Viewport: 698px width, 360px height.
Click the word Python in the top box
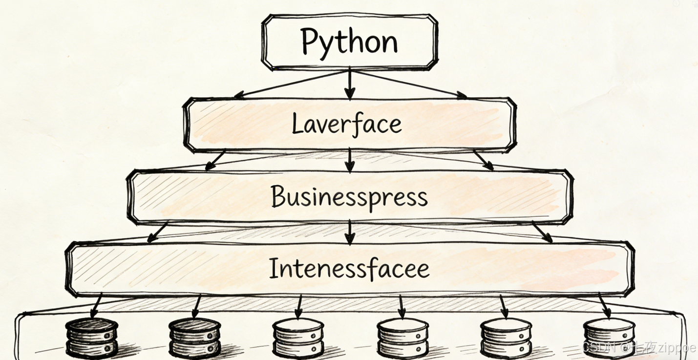tap(349, 42)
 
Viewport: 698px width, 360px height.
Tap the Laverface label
tap(347, 124)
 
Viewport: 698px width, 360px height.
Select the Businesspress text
tap(349, 197)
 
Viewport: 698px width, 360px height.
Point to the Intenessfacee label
tap(349, 269)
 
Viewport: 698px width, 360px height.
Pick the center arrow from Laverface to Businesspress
tap(349, 160)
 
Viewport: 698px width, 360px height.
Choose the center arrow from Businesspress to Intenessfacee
tap(349, 232)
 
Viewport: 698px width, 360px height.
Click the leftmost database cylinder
tap(92, 338)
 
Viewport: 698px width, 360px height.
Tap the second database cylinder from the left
tap(195, 338)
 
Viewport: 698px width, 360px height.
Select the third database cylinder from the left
tap(298, 338)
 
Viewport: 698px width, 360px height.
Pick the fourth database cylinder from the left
tap(402, 338)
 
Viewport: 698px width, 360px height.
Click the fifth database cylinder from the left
tap(506, 338)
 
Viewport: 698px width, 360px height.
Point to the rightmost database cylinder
tap(609, 338)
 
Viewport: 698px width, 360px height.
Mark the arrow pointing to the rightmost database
tap(604, 306)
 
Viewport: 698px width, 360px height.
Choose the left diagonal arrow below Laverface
tap(215, 160)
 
